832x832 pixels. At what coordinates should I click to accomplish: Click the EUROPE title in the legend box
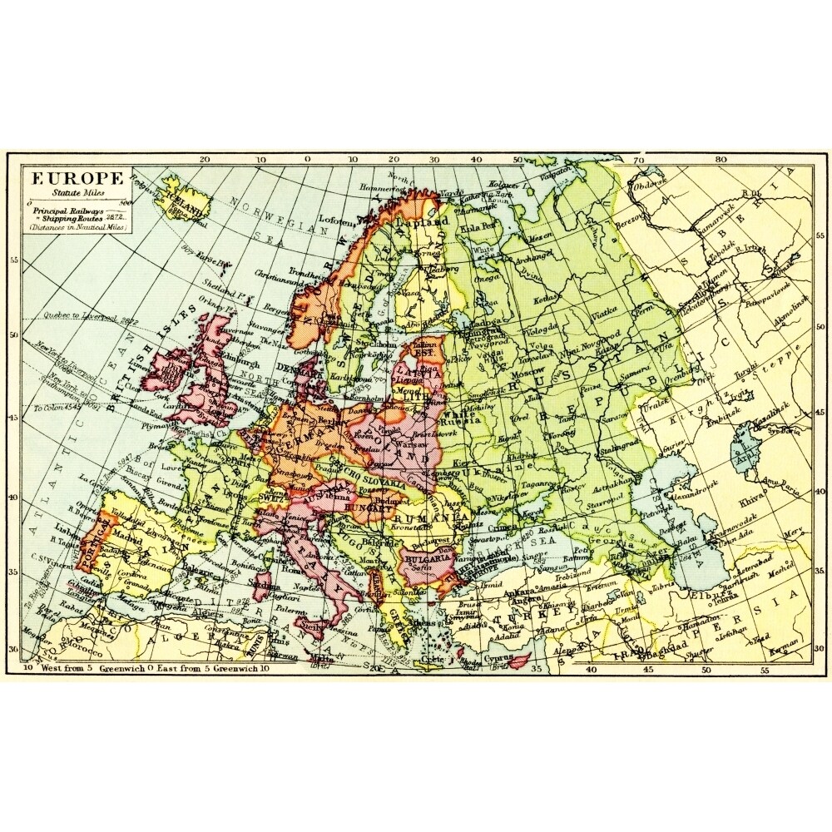point(77,177)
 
